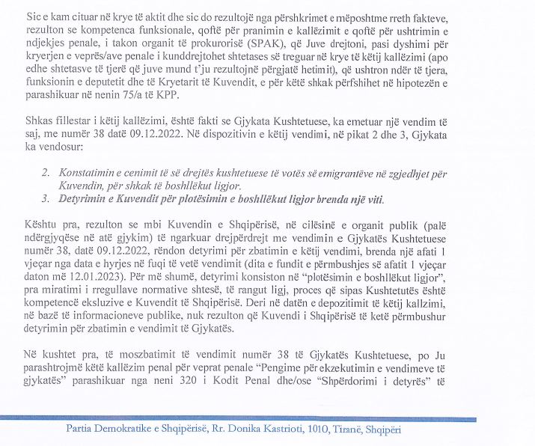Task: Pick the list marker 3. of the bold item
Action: coord(46,200)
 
